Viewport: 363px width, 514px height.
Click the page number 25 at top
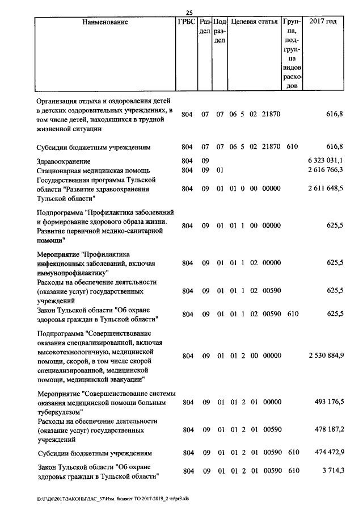point(190,13)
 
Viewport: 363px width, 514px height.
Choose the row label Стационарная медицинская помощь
point(92,170)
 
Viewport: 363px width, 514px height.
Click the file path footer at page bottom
point(113,499)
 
